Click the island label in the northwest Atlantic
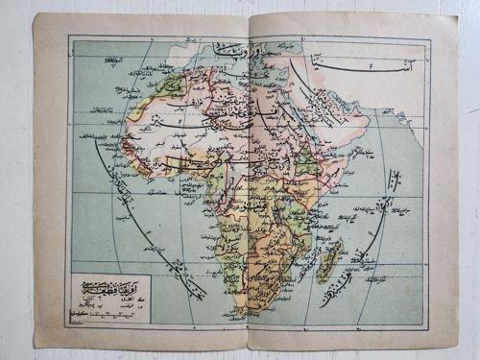pyautogui.click(x=115, y=65)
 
